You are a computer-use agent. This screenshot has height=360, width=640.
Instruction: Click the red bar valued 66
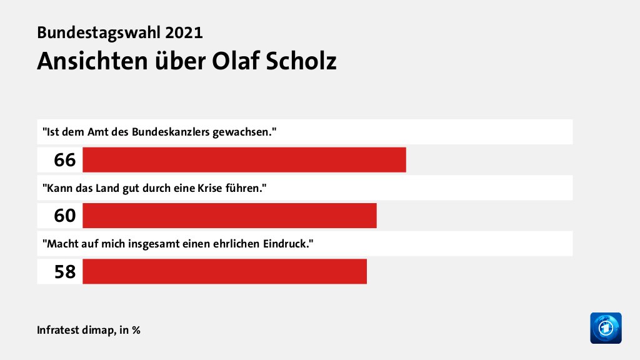tap(244, 160)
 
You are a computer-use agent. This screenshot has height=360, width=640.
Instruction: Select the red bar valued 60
tap(229, 216)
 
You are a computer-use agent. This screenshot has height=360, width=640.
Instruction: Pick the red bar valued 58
tap(224, 271)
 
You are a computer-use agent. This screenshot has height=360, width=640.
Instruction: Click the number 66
tap(64, 160)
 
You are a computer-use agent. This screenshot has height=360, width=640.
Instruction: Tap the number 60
tap(64, 216)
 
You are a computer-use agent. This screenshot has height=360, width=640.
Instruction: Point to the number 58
tap(64, 271)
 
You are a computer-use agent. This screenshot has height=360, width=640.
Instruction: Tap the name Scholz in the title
tap(302, 61)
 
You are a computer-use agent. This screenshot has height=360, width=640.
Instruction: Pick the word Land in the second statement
tap(97, 188)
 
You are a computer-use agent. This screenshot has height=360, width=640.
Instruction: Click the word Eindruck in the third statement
tap(289, 244)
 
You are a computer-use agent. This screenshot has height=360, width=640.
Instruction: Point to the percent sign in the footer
tap(136, 329)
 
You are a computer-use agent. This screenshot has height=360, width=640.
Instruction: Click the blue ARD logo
tap(606, 327)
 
